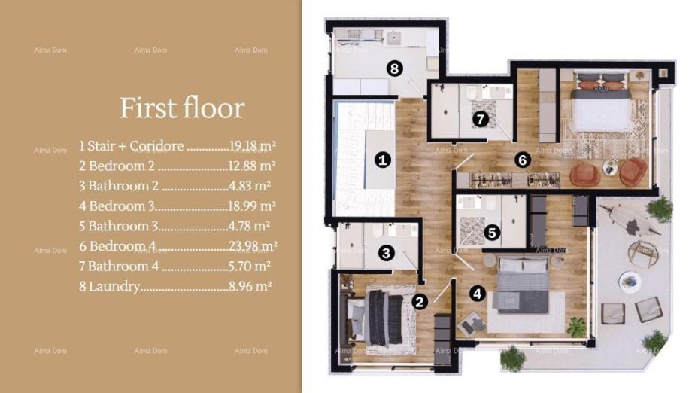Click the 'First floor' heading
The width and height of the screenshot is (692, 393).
182,108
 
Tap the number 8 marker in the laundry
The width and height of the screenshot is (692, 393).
395,69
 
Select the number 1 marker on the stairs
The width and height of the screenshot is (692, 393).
383,160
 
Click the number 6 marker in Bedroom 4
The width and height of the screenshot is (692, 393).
523,160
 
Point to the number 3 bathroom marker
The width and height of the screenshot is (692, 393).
387,253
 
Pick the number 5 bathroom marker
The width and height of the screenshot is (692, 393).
492,233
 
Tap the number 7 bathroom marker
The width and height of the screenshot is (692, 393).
481,119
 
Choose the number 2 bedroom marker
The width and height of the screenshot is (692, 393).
419,302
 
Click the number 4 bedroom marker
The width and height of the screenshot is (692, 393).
477,293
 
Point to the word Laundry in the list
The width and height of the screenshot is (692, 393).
114,287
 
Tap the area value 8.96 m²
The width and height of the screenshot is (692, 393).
250,286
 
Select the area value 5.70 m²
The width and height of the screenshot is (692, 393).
250,267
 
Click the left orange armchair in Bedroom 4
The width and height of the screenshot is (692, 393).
584,175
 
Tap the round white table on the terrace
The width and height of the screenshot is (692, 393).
630,282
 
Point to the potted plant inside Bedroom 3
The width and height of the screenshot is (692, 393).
576,327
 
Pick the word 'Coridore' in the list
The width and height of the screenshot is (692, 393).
156,146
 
